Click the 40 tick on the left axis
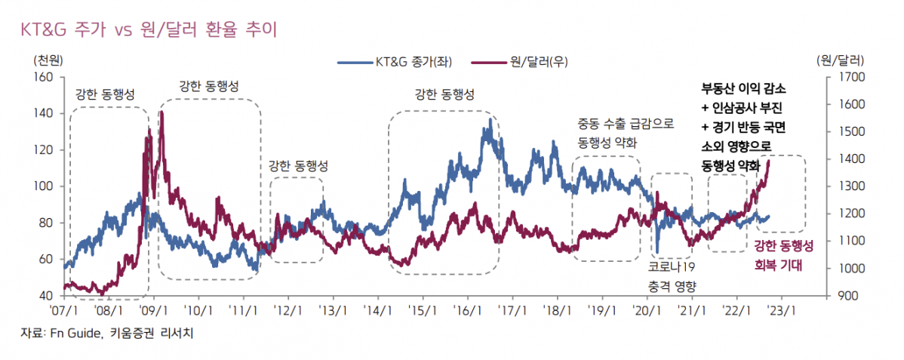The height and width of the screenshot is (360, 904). (45, 296)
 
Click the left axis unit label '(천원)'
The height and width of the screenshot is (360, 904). (48, 60)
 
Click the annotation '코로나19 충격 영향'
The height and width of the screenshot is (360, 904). (672, 276)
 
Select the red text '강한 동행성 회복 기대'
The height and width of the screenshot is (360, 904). (785, 256)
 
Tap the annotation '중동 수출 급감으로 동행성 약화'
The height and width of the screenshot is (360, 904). (626, 132)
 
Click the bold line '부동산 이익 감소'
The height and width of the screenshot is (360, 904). (743, 88)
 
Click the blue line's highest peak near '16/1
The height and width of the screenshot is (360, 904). (490, 118)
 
